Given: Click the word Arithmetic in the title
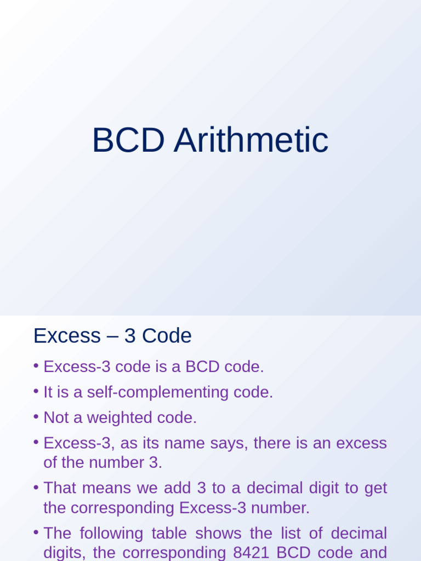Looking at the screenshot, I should click(251, 141).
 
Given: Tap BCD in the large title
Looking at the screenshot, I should click(128, 141).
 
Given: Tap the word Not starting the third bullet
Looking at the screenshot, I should click(55, 418).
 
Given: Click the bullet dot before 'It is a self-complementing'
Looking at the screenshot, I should click(36, 392).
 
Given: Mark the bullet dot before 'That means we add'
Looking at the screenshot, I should click(36, 487).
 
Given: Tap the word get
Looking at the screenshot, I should click(376, 488).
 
